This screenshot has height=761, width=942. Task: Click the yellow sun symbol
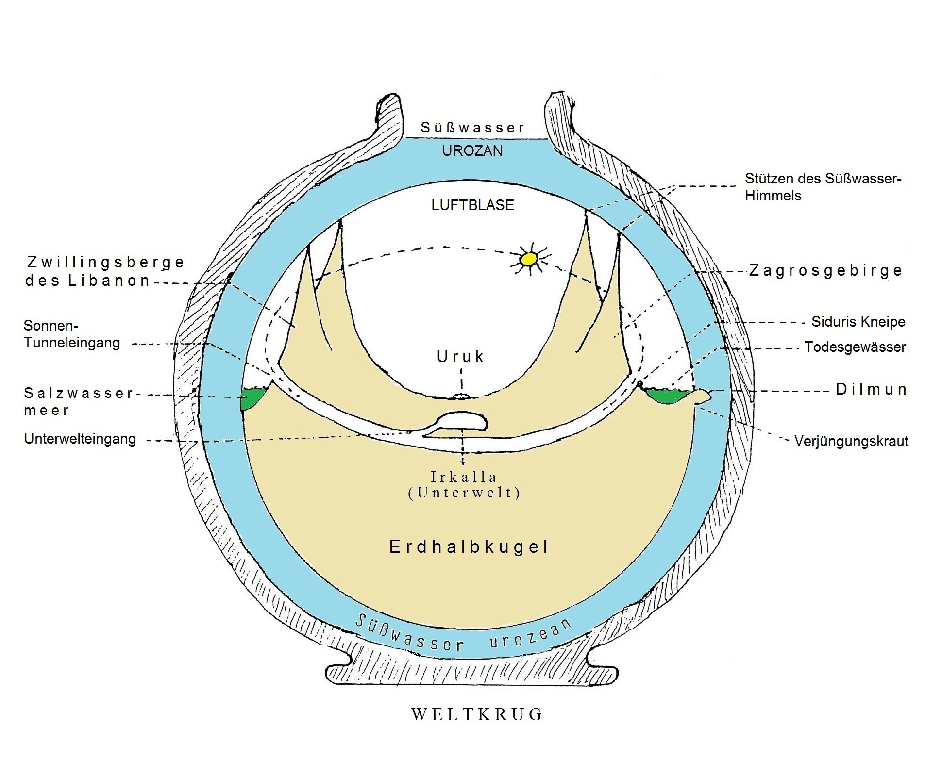click(528, 259)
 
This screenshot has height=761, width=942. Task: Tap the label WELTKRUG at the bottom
click(477, 714)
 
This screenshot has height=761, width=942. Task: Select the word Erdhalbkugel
click(469, 547)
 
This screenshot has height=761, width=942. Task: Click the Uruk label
click(460, 357)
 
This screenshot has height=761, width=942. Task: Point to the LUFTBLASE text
click(472, 205)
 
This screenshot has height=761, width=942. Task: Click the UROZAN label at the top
click(472, 151)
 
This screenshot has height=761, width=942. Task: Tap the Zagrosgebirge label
click(825, 270)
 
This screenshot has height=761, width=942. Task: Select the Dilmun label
click(871, 389)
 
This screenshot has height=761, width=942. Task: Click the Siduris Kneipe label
click(858, 322)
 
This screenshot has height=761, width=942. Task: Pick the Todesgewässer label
click(855, 347)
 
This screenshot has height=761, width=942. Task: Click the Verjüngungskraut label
click(851, 441)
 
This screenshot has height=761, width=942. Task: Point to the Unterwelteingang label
click(80, 439)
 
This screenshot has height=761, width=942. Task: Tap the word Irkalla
click(464, 477)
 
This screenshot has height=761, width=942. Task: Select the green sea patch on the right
click(668, 396)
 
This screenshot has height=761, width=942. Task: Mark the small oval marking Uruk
click(461, 397)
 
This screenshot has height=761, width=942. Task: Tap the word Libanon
click(109, 281)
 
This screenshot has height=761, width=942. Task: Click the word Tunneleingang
click(72, 343)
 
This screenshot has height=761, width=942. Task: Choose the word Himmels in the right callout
click(773, 196)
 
